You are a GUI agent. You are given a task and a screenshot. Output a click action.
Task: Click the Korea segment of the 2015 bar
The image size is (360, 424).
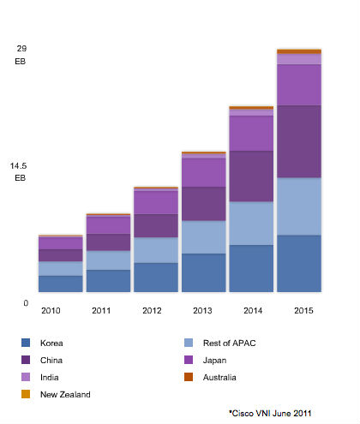click(x=298, y=263)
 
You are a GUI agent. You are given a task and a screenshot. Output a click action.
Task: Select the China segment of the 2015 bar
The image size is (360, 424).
click(x=298, y=141)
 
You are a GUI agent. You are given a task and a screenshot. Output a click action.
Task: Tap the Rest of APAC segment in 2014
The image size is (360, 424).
click(x=250, y=223)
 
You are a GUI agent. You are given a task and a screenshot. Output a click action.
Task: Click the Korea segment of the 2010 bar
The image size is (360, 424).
click(x=59, y=284)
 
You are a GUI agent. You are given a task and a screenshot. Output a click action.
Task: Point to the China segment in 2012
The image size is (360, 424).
click(x=155, y=225)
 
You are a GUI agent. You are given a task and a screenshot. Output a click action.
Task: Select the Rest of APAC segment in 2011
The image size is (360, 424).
click(x=107, y=260)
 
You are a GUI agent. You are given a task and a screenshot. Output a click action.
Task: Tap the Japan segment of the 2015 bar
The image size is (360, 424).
click(x=298, y=85)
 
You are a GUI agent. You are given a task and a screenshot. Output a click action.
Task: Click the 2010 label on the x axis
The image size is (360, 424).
click(x=51, y=310)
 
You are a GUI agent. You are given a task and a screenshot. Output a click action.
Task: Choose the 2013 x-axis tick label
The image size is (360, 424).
click(x=202, y=310)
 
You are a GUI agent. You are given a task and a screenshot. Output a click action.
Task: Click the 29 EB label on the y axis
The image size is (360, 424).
click(x=21, y=55)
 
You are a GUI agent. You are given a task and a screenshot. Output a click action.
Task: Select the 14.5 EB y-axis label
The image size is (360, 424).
click(x=19, y=172)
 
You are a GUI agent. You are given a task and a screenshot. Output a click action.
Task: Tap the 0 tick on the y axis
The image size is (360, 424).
click(x=26, y=303)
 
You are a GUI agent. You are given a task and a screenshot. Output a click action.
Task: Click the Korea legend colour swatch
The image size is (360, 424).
click(x=26, y=343)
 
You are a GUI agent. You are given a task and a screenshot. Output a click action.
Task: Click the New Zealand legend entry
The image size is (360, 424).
click(x=64, y=394)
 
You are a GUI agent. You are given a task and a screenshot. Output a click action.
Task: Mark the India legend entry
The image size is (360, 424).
click(x=51, y=377)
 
